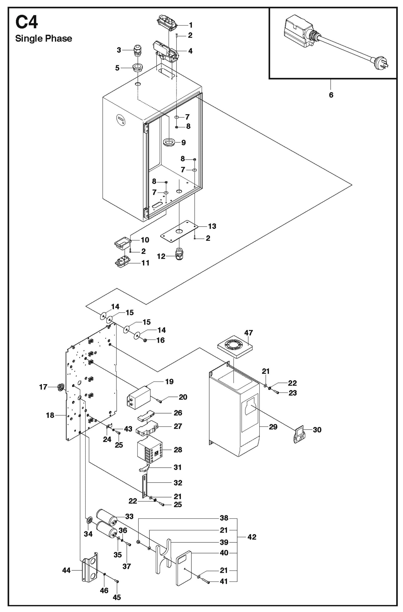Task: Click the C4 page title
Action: tap(26, 22)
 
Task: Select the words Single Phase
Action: tap(43, 39)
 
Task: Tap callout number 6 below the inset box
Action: tap(331, 95)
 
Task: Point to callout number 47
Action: tap(249, 333)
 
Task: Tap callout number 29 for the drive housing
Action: tap(273, 427)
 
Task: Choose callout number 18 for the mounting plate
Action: tap(50, 415)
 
